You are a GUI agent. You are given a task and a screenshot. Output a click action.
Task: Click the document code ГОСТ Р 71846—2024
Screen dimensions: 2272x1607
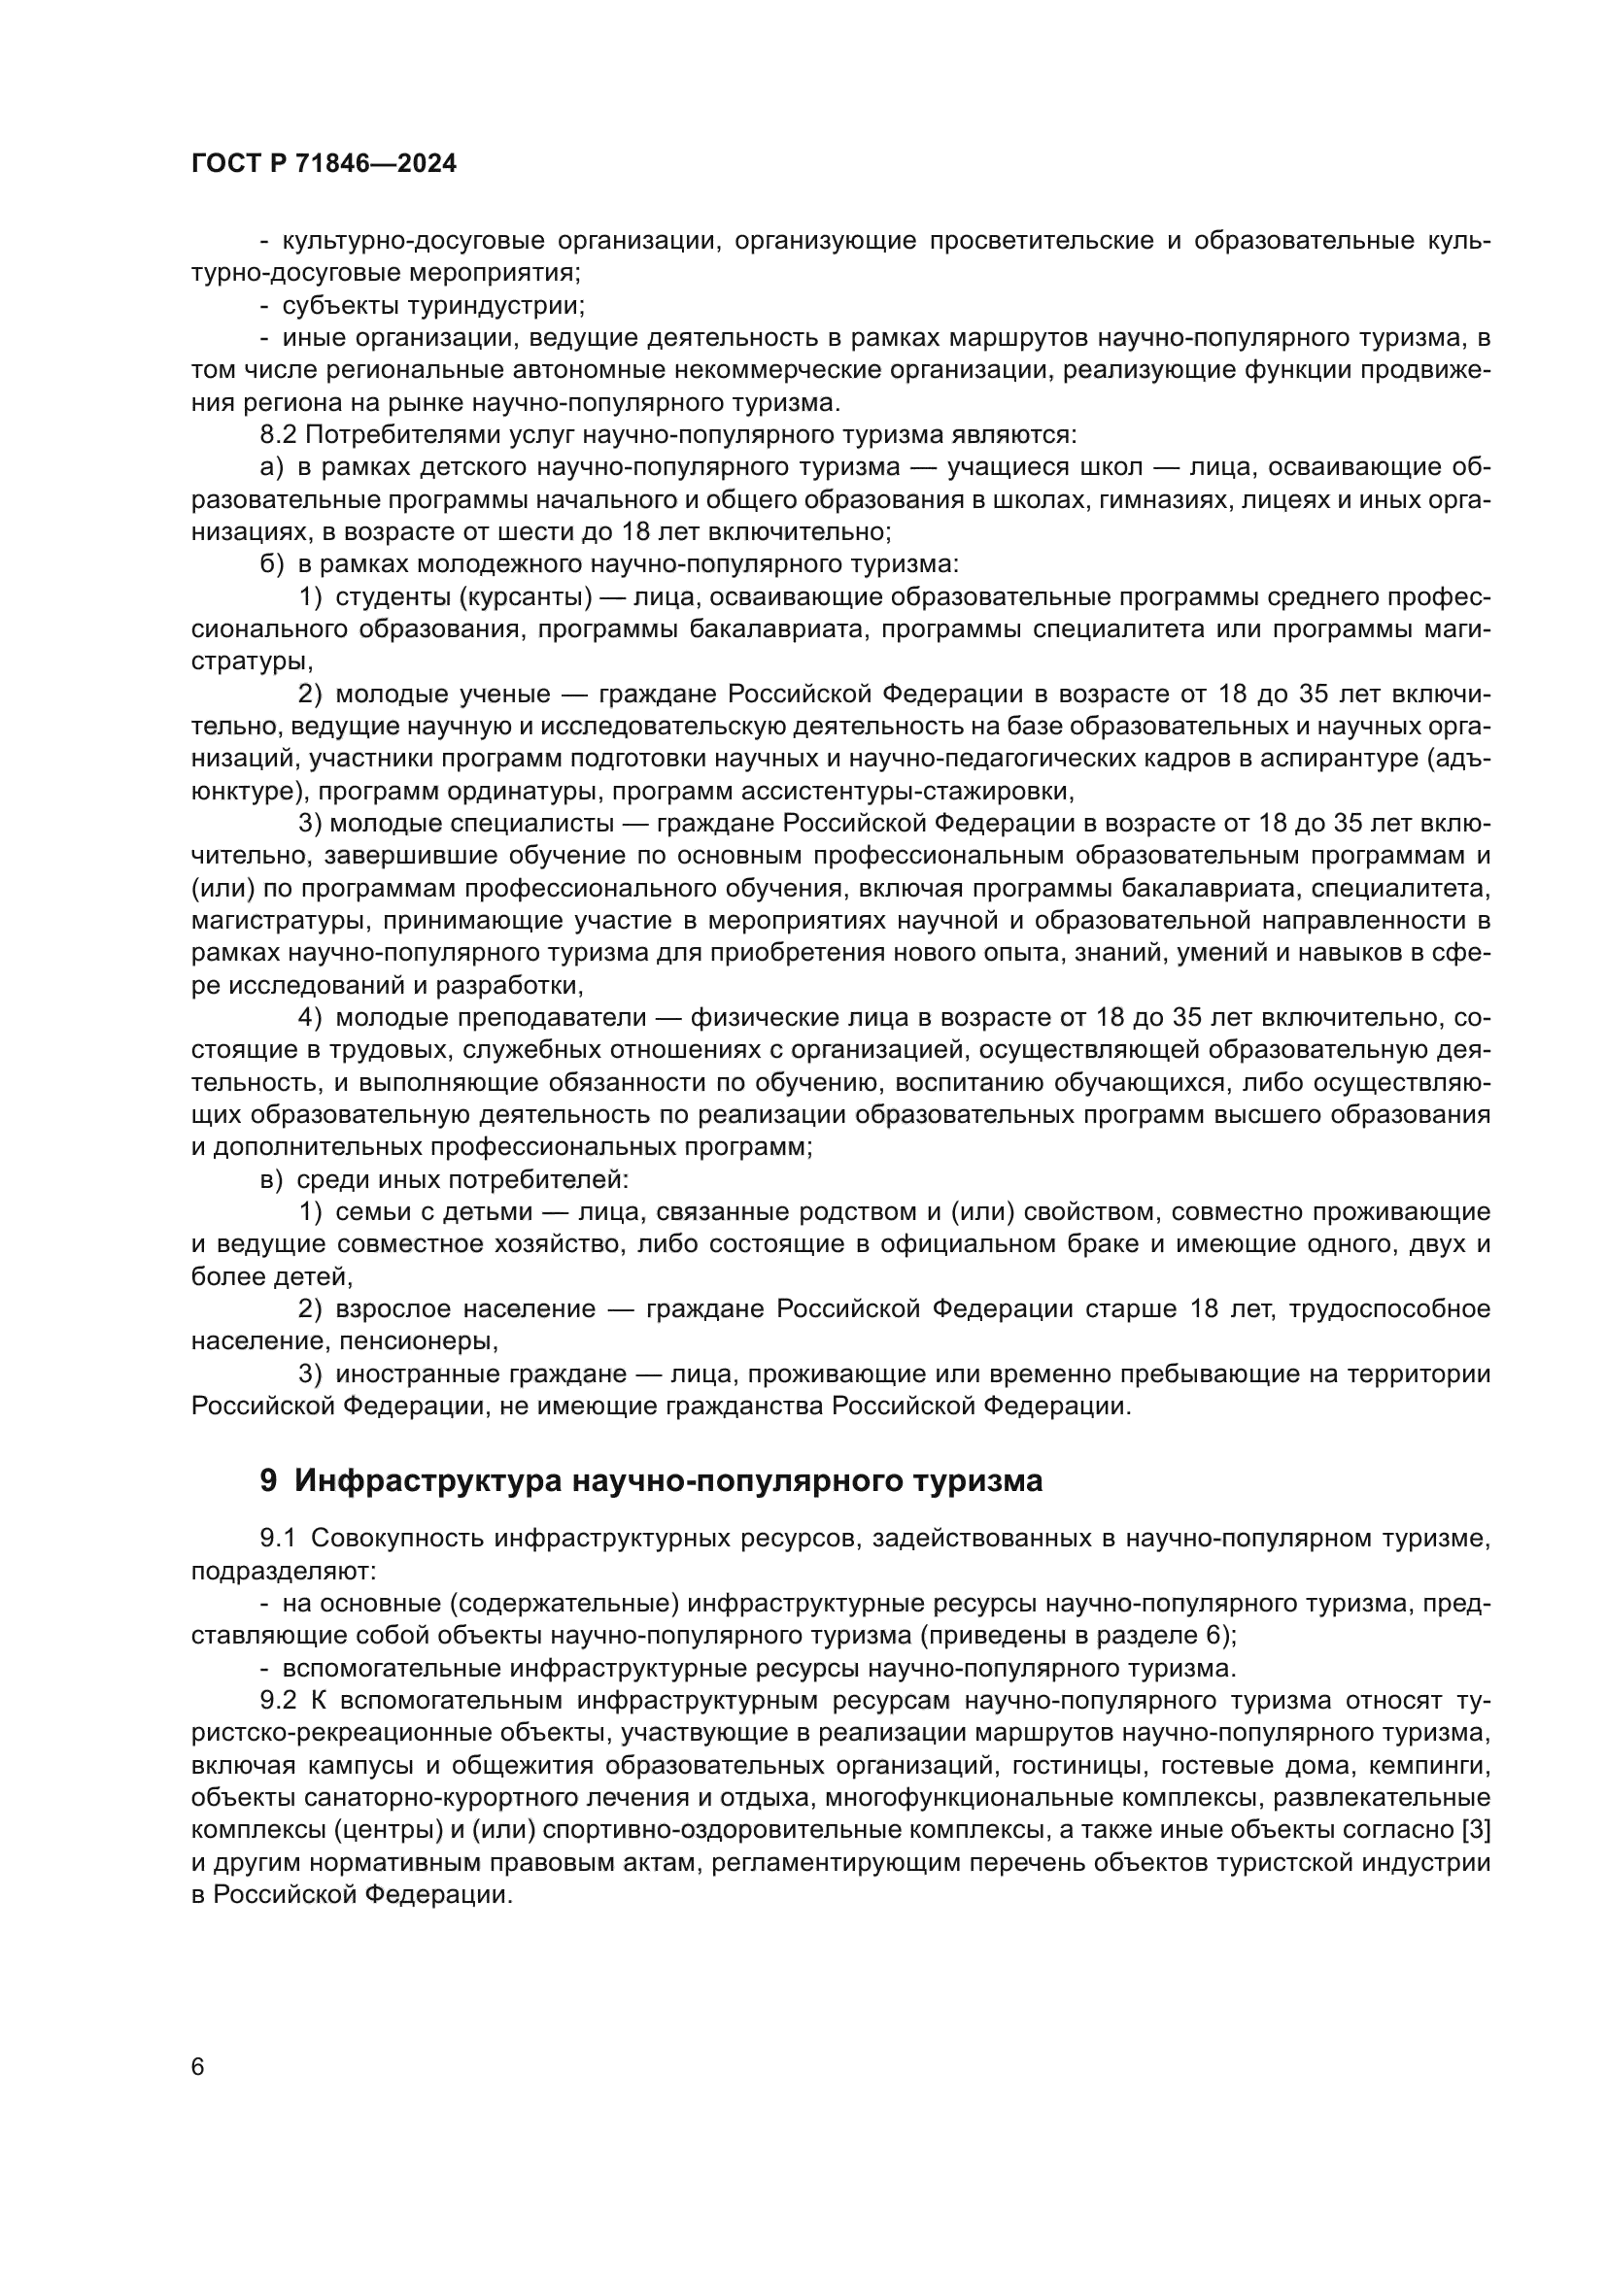click(324, 164)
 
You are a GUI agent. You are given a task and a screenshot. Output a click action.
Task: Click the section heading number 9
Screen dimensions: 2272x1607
click(268, 1481)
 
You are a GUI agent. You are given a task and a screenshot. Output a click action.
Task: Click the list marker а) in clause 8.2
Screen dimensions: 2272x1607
click(271, 467)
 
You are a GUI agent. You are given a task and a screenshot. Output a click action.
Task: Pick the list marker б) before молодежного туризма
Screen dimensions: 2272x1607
click(271, 565)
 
